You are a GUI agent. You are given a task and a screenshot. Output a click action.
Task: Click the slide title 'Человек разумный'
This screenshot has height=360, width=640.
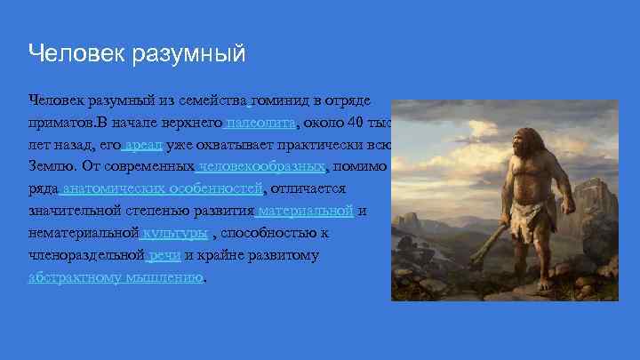pos(136,54)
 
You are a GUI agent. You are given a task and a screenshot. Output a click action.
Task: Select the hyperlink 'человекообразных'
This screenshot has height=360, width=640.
pos(262,166)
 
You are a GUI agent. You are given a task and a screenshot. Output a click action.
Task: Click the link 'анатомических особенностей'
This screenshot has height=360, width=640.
pos(164,188)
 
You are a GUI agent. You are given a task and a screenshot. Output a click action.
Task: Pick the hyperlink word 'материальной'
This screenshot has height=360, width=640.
pos(307,211)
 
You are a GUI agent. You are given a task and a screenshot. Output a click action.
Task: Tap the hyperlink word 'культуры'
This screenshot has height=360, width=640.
pos(177,233)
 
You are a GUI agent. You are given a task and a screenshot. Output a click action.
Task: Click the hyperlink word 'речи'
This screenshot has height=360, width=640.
pos(165,255)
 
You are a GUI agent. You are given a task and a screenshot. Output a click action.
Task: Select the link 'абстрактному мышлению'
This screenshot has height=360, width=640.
pos(116,276)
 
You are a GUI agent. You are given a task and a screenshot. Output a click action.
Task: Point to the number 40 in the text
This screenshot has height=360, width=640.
pos(356,122)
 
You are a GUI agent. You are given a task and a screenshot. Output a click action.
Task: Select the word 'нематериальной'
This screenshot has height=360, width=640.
pos(84,233)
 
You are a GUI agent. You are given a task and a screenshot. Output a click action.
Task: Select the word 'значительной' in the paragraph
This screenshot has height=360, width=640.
pos(74,211)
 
